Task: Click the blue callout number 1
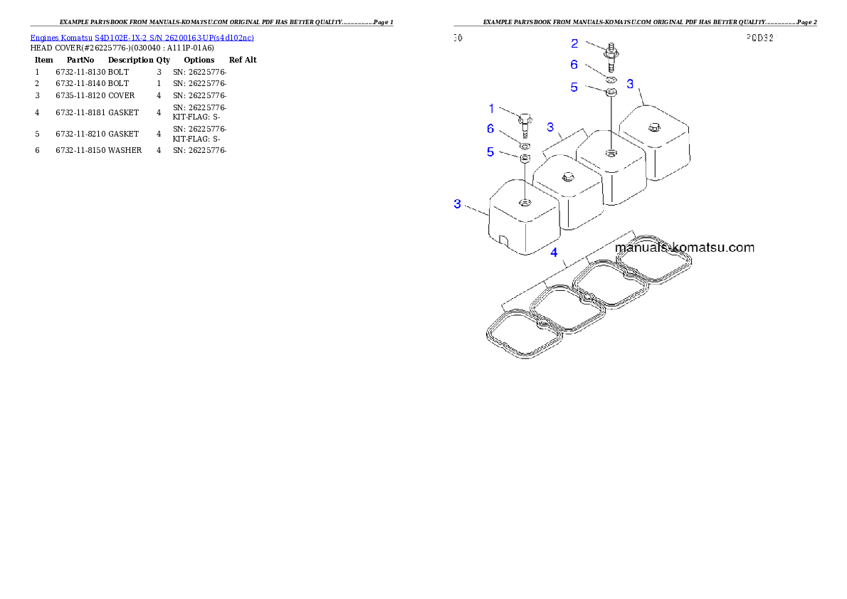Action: (x=491, y=109)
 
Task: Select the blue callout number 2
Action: (x=575, y=43)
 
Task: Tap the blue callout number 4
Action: (x=554, y=253)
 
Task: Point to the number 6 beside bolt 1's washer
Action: (x=490, y=129)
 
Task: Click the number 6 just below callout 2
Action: (x=575, y=64)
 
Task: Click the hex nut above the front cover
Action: (x=524, y=158)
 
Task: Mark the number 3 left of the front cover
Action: (x=458, y=204)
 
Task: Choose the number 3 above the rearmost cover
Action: (x=630, y=84)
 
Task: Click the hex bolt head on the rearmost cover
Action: (x=653, y=128)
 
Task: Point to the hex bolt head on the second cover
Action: (x=567, y=176)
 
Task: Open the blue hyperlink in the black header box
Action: (x=142, y=37)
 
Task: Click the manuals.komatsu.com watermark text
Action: (x=685, y=248)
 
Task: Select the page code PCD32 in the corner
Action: (x=759, y=38)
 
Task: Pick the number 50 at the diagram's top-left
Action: (x=458, y=38)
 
